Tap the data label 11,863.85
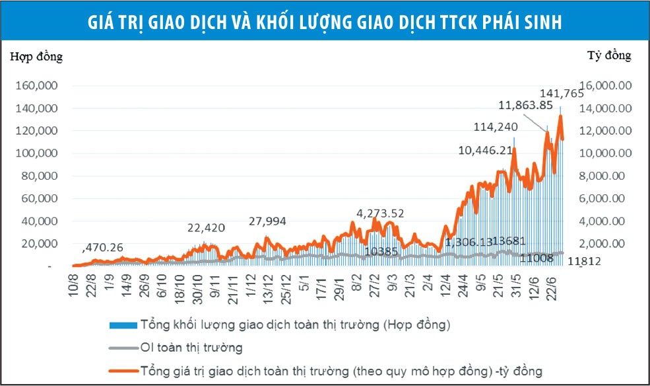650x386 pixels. tap(525, 105)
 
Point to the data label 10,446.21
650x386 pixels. tap(486, 150)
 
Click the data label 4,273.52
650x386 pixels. tap(380, 213)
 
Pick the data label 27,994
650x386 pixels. tap(267, 221)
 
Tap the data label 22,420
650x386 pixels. tap(207, 228)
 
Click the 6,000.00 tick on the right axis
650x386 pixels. tap(609, 198)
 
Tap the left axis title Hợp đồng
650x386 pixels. tap(36, 57)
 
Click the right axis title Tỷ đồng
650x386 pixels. tap(609, 56)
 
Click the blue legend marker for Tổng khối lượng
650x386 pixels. tap(123, 326)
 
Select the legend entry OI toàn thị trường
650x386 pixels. tap(191, 347)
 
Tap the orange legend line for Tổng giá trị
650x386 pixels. tap(123, 371)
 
